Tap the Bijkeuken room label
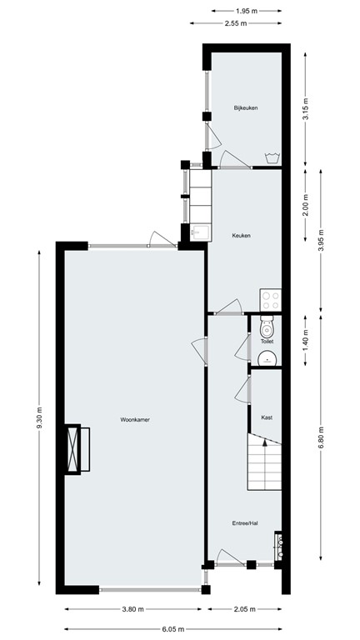tap(244, 108)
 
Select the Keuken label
tap(242, 235)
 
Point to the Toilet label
tap(267, 342)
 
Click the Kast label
tap(267, 417)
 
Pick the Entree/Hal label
tap(244, 523)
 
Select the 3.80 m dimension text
tap(134, 609)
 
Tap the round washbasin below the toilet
tap(267, 359)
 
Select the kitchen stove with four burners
tap(270, 299)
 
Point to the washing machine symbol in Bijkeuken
tap(271, 157)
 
